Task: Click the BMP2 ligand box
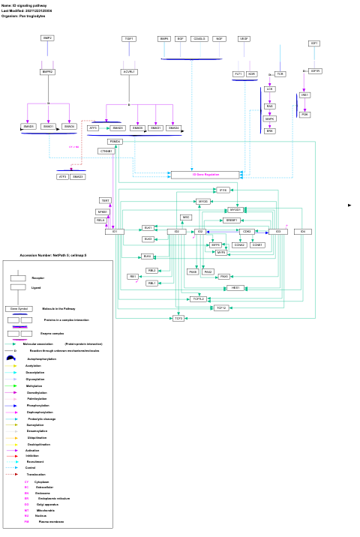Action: (x=47, y=38)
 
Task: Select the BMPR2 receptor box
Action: (x=48, y=72)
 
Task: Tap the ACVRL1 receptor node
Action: (x=129, y=72)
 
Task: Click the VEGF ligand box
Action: (x=244, y=38)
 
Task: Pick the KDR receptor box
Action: (x=252, y=74)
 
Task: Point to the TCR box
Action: (x=280, y=74)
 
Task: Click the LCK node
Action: (x=270, y=89)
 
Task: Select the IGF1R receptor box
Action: (x=315, y=71)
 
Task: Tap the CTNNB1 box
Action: (x=106, y=151)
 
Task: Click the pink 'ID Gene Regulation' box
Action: (x=205, y=175)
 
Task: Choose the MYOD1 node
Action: (x=235, y=210)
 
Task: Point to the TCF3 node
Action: (x=178, y=319)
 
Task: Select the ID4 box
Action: (x=303, y=232)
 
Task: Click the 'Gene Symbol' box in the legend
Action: (x=18, y=308)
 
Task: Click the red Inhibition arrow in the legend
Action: (x=16, y=455)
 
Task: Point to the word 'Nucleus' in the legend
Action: (x=40, y=516)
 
